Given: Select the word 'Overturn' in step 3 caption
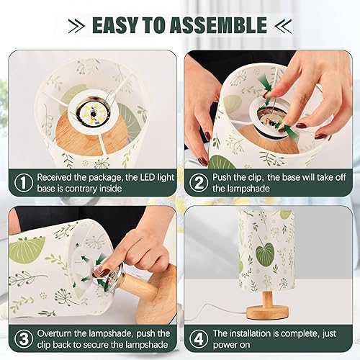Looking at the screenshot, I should click(60, 333).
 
